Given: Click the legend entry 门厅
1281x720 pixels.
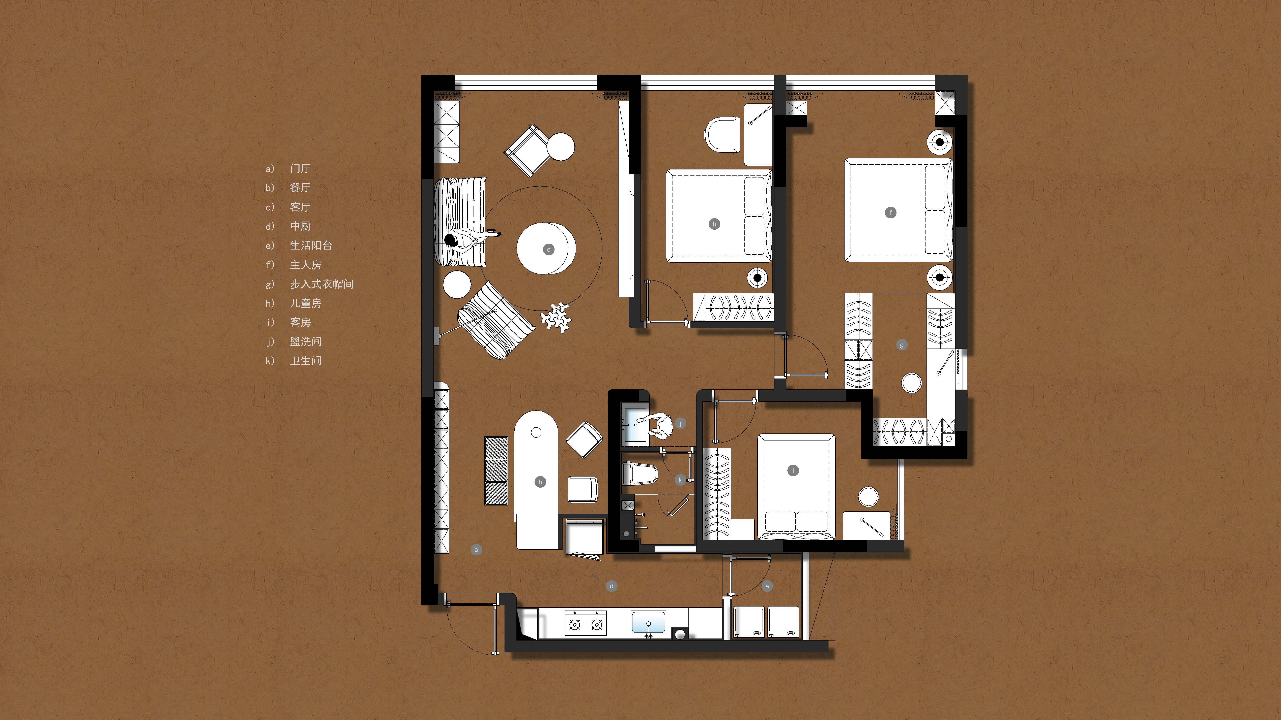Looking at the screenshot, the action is coord(300,168).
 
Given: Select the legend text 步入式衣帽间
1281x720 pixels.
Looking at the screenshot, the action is coord(322,284).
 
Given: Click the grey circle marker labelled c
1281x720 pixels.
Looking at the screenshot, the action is coord(549,250).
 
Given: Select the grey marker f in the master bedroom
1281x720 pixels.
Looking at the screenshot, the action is coord(891,213).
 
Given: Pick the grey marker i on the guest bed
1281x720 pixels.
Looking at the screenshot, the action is coord(793,470).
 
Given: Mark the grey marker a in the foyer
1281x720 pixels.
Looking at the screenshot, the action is coord(476,550).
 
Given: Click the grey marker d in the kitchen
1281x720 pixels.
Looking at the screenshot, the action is coord(612,586).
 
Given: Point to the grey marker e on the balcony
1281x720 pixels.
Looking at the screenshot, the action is coord(767,586).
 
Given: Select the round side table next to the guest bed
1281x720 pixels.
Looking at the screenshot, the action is coord(868,496).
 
